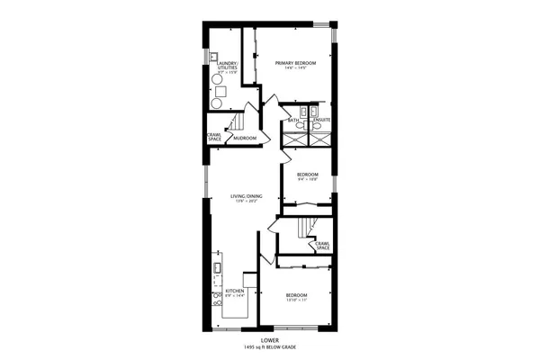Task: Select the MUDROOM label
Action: tap(245, 138)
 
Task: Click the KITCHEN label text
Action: tap(235, 291)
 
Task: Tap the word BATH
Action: tap(293, 120)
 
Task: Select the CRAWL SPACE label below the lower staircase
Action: tap(321, 245)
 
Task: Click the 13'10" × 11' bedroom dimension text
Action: tap(297, 300)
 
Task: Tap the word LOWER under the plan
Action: tap(270, 340)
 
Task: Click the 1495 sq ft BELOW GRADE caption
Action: tap(270, 346)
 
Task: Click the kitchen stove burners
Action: tap(217, 298)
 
